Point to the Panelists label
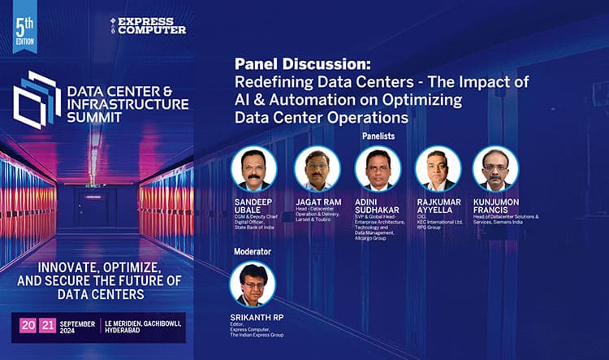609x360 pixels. tap(382, 137)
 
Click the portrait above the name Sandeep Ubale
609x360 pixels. tap(254, 168)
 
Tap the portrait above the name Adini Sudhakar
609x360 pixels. tap(378, 168)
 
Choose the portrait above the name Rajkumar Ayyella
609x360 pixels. tap(438, 168)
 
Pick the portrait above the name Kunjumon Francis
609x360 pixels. tap(495, 168)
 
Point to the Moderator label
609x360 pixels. tap(252, 253)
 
